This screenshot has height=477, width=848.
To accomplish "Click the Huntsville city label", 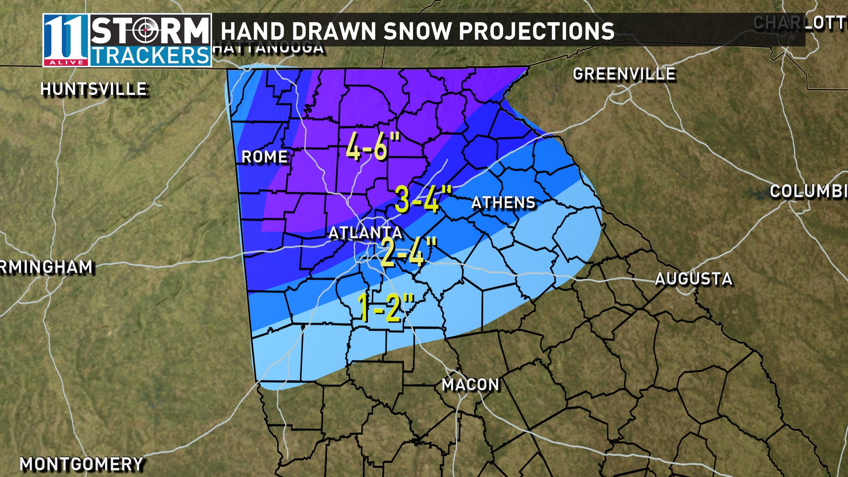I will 94,89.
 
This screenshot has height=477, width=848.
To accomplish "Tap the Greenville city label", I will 624,74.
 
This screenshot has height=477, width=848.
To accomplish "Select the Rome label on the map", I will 265,157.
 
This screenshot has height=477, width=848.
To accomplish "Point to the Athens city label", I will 503,203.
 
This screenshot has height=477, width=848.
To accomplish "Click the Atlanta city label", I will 365,233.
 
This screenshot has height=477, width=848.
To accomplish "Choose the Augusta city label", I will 693,279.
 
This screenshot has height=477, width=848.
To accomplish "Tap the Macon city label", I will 470,385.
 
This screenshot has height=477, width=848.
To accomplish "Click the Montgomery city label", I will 82,464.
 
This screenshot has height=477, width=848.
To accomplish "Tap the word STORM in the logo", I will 150,31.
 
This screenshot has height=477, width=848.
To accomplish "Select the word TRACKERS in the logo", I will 150,56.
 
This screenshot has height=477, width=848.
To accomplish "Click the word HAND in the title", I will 253,31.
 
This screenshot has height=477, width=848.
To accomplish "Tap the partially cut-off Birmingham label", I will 46,267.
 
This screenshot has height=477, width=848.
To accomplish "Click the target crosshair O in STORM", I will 145,30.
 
